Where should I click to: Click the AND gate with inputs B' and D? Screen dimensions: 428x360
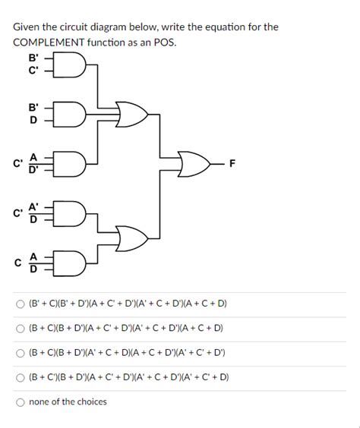click(74, 113)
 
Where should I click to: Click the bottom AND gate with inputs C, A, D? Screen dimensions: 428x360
click(74, 262)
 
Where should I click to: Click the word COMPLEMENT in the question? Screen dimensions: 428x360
click(49, 42)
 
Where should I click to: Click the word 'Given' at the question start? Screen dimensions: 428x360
click(27, 27)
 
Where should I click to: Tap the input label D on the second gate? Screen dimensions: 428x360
click(33, 120)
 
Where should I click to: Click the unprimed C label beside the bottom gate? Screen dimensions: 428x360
click(17, 262)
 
